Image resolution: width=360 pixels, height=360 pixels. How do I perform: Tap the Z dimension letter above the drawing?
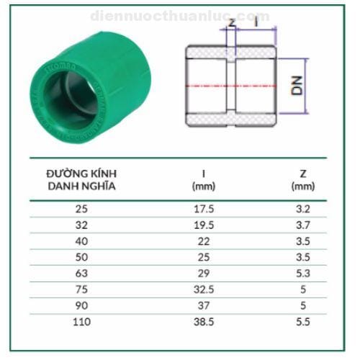231,22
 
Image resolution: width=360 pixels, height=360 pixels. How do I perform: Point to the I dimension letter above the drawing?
257,22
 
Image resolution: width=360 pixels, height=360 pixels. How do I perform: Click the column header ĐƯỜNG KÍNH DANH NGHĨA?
81,179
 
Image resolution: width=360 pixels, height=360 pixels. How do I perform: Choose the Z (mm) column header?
302,179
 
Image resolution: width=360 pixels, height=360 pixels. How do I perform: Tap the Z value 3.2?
302,210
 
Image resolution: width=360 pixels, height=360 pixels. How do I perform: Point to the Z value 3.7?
302,225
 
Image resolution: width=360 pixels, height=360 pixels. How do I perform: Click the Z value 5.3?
302,274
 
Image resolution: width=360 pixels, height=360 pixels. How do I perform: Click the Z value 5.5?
302,321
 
